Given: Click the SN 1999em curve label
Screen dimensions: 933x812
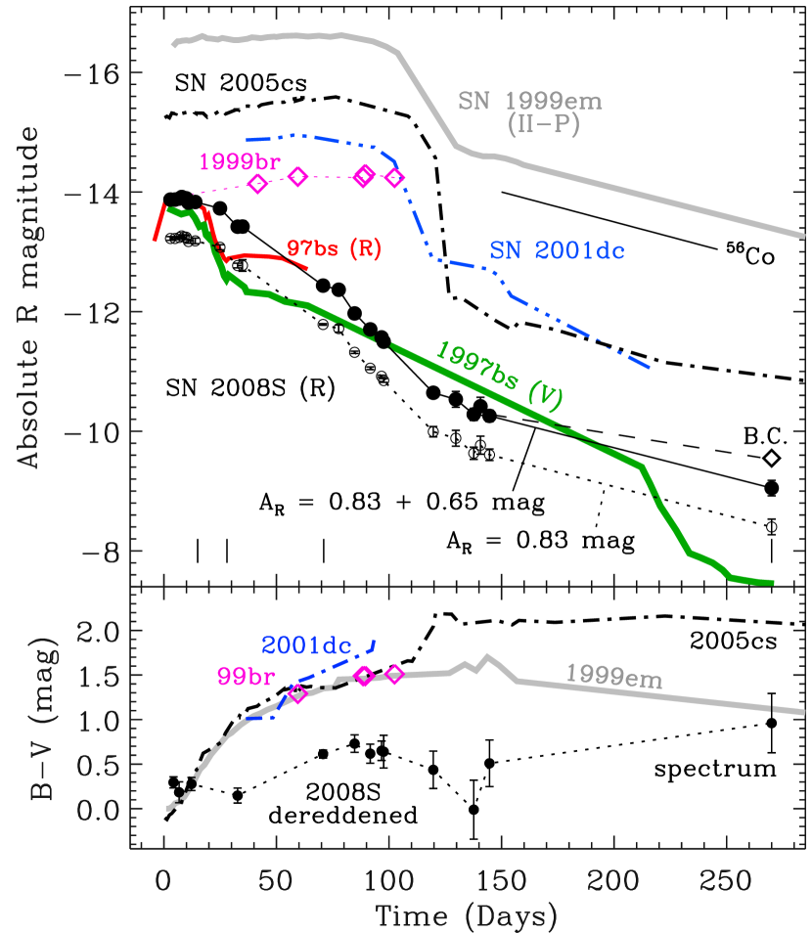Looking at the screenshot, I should coord(530,102).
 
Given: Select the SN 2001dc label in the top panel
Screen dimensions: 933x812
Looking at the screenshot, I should coord(557,250).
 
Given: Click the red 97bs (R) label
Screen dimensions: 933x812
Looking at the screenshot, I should coord(335,248).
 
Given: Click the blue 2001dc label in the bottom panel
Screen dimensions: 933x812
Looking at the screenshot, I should coord(306,644).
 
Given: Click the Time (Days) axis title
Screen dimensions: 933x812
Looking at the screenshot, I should coord(468,917).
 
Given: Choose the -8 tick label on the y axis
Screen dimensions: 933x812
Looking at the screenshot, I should coord(100,552).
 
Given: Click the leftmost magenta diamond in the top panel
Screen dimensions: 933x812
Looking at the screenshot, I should coord(257,184).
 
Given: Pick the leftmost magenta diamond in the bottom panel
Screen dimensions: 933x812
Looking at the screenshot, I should coord(298,693).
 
